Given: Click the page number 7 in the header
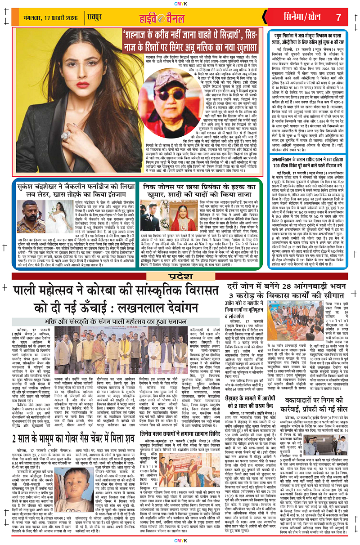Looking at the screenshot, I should coord(339,18).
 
